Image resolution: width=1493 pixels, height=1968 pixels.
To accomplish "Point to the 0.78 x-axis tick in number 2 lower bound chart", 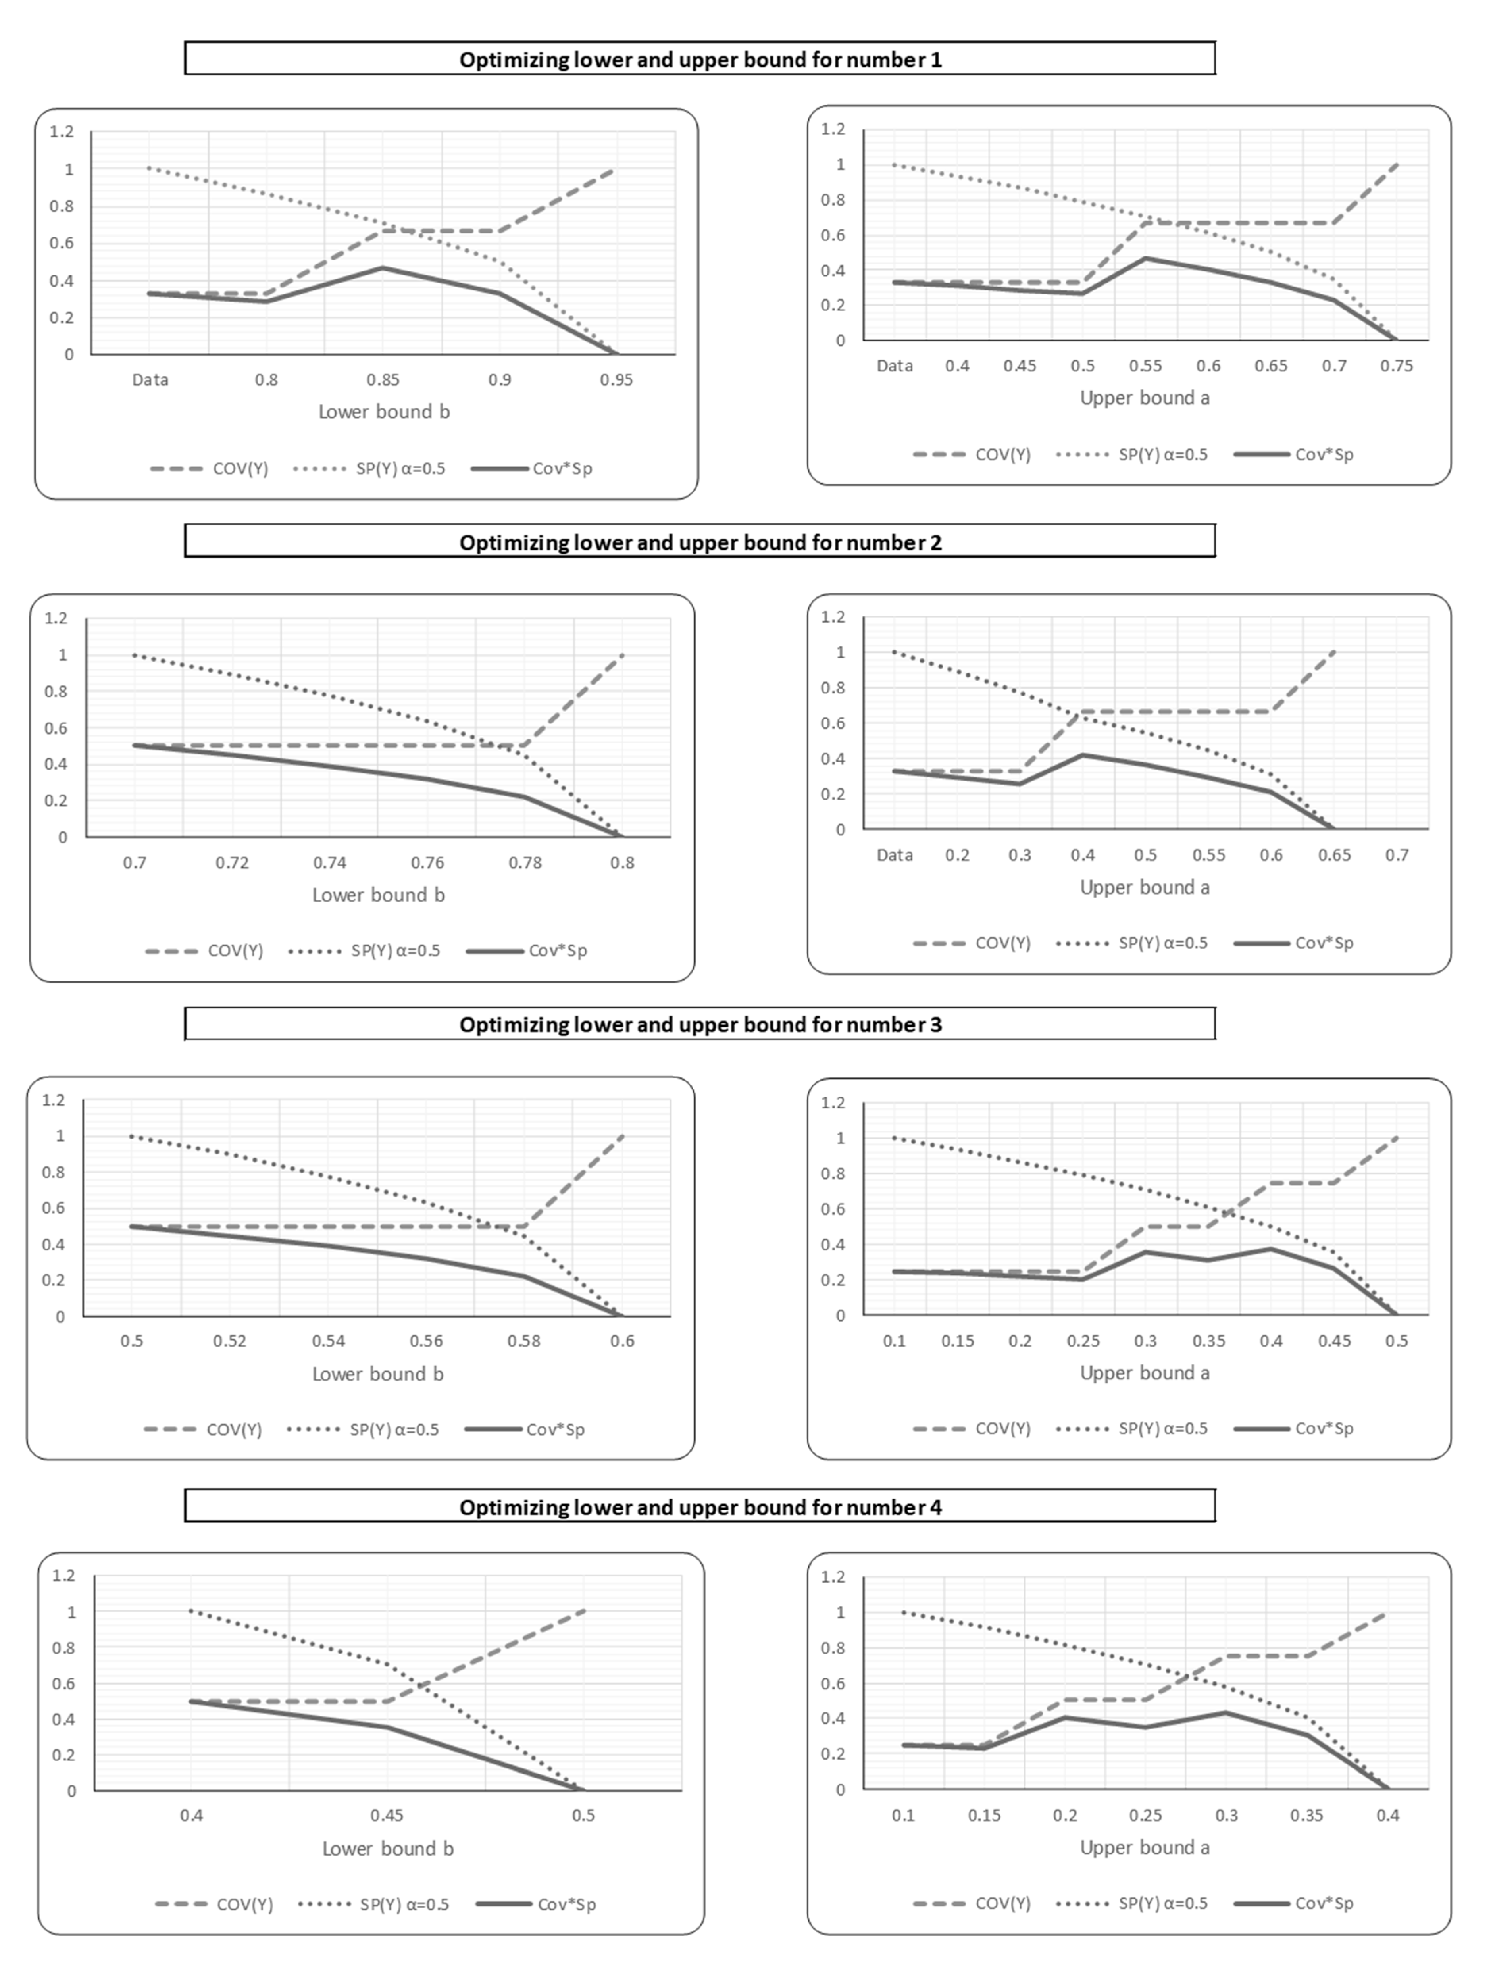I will (525, 862).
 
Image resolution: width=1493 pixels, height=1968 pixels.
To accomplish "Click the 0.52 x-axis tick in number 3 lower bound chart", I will (229, 1341).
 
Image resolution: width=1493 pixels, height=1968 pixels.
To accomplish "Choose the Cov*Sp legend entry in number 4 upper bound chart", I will (1295, 1903).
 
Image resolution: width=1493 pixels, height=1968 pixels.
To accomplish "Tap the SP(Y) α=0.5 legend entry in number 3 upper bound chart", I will (1133, 1428).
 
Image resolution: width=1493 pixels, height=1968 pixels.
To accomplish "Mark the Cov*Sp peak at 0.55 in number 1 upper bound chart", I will (1145, 258).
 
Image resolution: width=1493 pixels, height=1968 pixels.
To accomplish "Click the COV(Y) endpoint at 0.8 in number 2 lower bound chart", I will (622, 655).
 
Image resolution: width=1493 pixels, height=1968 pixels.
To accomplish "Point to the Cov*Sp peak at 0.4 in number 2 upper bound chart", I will (1083, 754).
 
